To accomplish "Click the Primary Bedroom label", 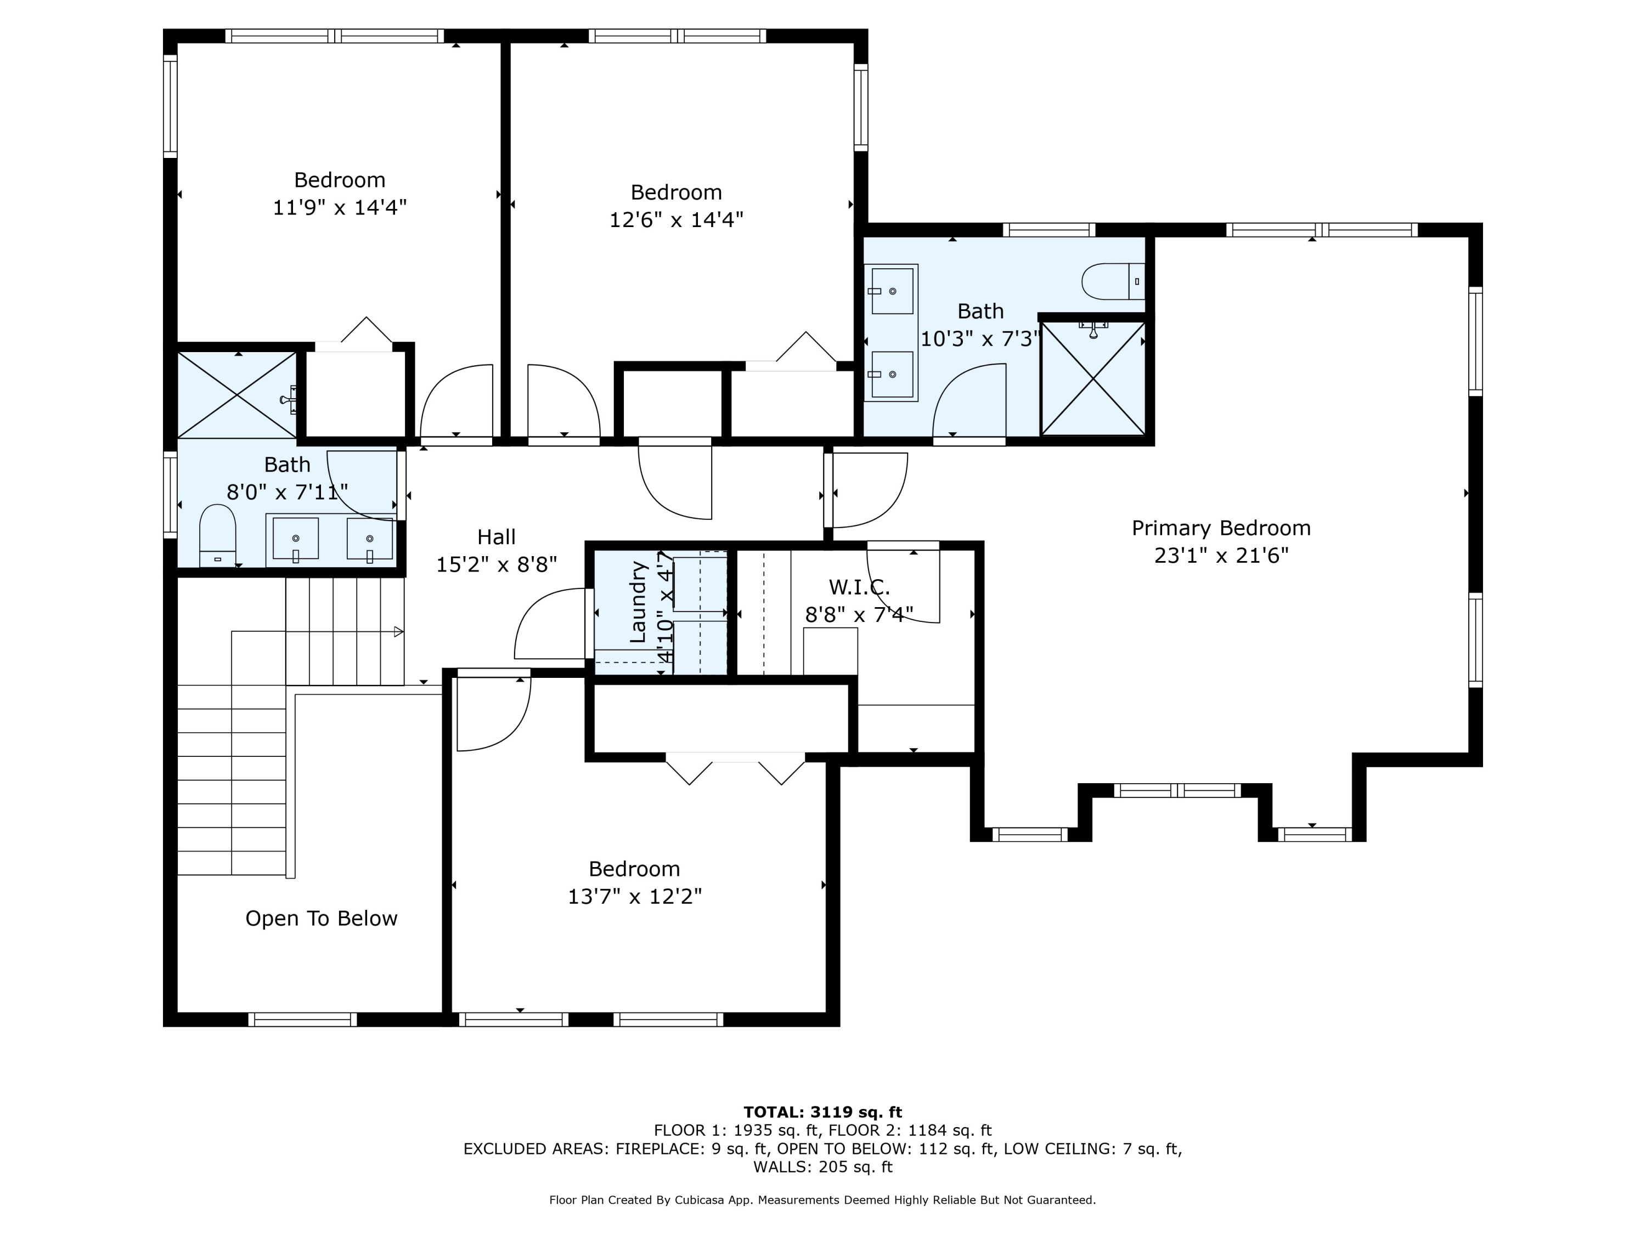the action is pyautogui.click(x=1221, y=528).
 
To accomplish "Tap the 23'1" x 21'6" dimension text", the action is pyautogui.click(x=1221, y=556).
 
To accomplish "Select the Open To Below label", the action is pyautogui.click(x=322, y=919).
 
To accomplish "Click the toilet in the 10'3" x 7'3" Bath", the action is pyautogui.click(x=1113, y=281).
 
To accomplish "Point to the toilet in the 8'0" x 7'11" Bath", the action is pyautogui.click(x=217, y=535).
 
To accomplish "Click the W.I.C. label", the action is pyautogui.click(x=859, y=587).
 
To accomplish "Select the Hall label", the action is pyautogui.click(x=497, y=537).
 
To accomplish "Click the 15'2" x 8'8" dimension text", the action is pyautogui.click(x=497, y=564).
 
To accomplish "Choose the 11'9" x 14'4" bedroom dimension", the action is pyautogui.click(x=339, y=207).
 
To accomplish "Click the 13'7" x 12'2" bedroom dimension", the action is pyautogui.click(x=635, y=896).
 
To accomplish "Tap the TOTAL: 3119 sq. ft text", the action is pyautogui.click(x=822, y=1112).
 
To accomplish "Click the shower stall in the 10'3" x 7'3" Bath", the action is pyautogui.click(x=1093, y=378).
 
